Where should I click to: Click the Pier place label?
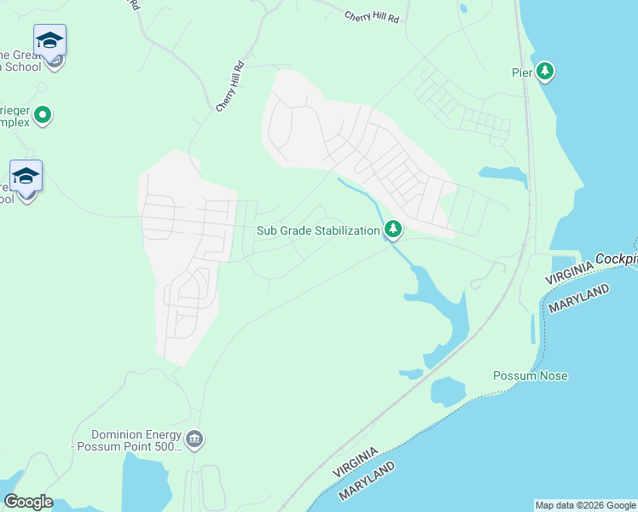[522, 73]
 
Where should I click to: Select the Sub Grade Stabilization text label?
[318, 230]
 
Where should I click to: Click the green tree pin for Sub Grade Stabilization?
[393, 229]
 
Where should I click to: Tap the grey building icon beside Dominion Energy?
[194, 439]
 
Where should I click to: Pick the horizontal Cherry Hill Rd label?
[371, 16]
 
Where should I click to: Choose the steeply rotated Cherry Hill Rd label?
[230, 86]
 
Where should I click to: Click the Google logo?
[28, 502]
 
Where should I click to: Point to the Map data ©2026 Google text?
[584, 505]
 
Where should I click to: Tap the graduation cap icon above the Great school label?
[49, 40]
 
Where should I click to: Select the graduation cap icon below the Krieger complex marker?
[26, 176]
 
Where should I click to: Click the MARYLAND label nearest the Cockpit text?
[580, 300]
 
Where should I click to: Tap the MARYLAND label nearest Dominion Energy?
[368, 483]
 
